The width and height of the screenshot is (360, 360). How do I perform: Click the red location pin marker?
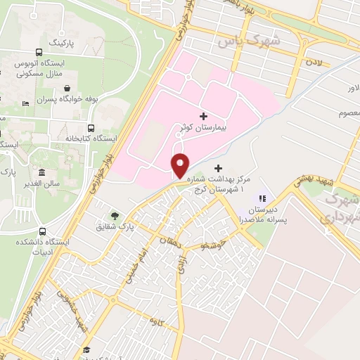pos(181,165)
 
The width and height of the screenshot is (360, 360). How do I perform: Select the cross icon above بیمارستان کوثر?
pos(204,115)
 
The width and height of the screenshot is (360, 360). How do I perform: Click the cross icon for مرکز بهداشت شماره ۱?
pos(218,169)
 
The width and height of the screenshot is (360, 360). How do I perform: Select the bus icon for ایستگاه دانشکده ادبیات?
pos(43,231)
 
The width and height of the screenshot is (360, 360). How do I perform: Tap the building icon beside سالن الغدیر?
pos(43,173)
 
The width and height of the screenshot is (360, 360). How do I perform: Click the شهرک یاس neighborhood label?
pos(248,41)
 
